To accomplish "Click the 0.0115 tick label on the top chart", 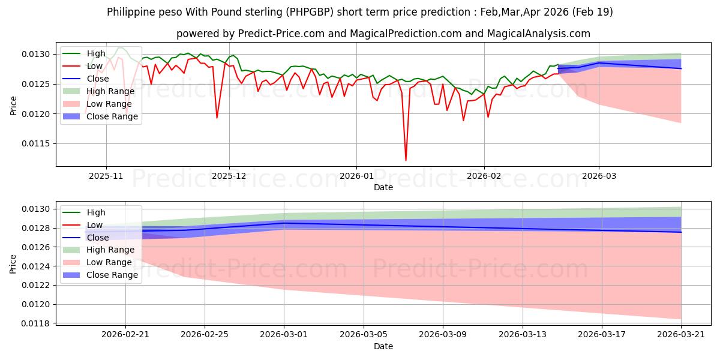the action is (x=36, y=143).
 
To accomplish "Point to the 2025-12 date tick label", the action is (x=229, y=176).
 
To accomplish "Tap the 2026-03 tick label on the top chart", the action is (x=599, y=176).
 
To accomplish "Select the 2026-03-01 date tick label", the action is (x=284, y=335).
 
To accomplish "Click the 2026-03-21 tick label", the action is (x=681, y=335).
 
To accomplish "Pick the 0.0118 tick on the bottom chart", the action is (x=36, y=323).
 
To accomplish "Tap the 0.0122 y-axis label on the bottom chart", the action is (x=36, y=286).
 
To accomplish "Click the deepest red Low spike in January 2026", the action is (x=406, y=160).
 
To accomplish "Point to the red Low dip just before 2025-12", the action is (x=217, y=118).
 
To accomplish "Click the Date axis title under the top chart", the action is (x=383, y=187).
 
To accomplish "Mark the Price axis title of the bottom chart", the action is (x=13, y=264).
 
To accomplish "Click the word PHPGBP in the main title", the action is (x=310, y=12).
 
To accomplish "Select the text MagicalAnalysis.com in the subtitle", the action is (x=538, y=34).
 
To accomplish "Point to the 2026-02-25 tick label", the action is (x=205, y=335).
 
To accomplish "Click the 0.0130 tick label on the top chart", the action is (x=36, y=55).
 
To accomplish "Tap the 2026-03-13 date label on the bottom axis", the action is (x=523, y=335).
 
